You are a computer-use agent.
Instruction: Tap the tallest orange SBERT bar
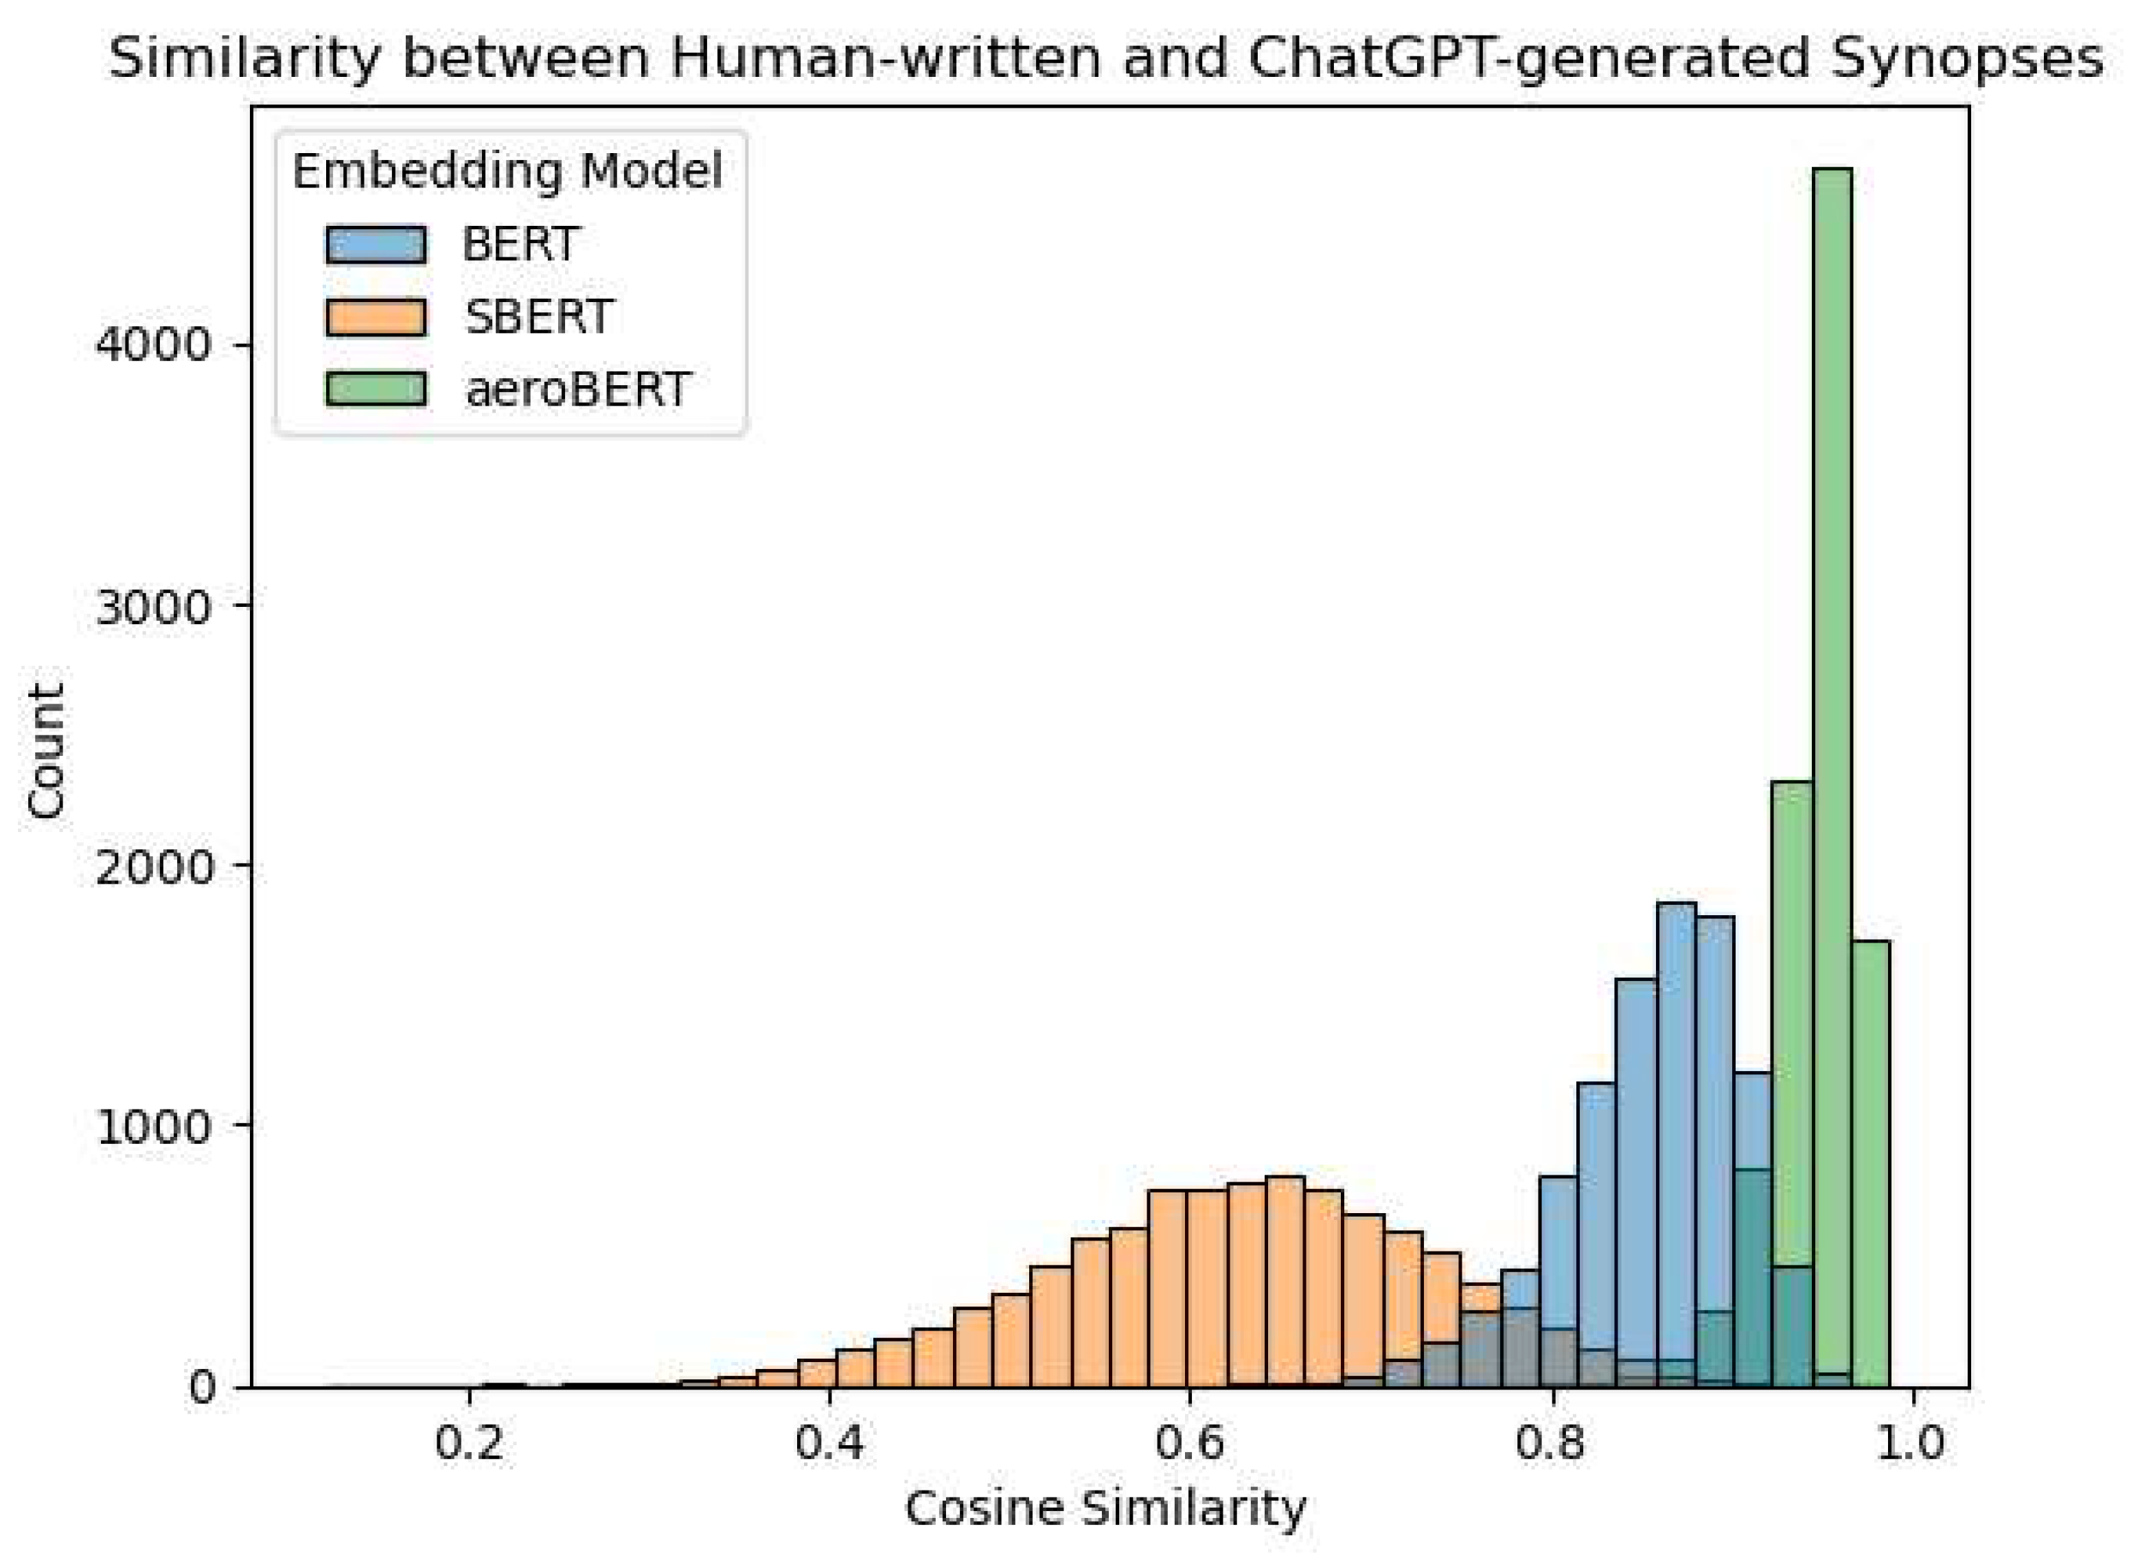1285,1280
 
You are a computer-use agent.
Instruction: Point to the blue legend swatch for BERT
376,244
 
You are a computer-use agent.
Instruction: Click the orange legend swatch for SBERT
376,316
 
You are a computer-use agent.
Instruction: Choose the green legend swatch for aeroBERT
376,389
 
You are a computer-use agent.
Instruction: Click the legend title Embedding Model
507,172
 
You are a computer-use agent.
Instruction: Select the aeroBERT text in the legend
578,389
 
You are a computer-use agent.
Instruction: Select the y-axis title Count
45,750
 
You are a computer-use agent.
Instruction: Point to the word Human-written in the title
885,58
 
